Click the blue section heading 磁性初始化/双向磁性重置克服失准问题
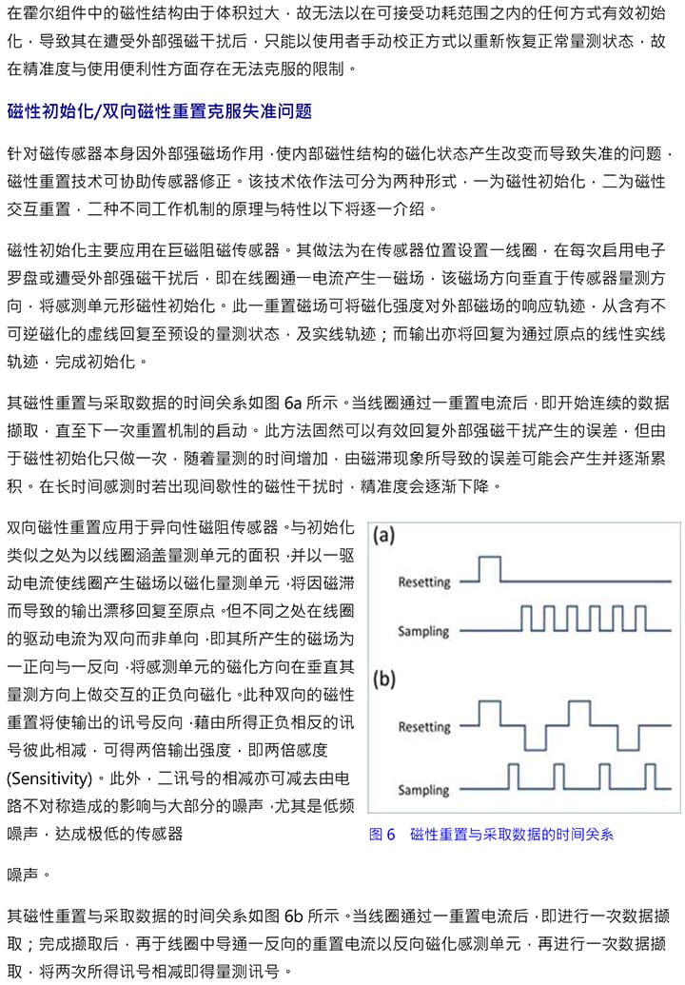(159, 111)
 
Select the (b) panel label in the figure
(383, 680)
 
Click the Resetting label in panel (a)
(423, 581)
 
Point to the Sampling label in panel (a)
(423, 630)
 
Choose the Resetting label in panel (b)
(423, 727)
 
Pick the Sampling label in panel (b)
(423, 790)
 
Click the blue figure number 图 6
(382, 835)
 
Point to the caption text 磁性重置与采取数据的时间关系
(511, 835)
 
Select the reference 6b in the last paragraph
(294, 917)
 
